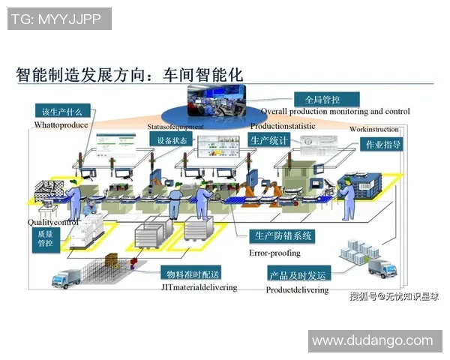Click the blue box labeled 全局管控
pyautogui.click(x=326, y=99)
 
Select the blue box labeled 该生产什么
pyautogui.click(x=62, y=112)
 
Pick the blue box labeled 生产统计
pyautogui.click(x=268, y=140)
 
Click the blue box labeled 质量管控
pyautogui.click(x=45, y=238)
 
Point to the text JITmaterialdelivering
pyautogui.click(x=199, y=287)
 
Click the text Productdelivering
pyautogui.click(x=297, y=290)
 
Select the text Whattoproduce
pyautogui.click(x=62, y=125)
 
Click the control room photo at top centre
pyautogui.click(x=217, y=103)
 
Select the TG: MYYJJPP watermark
pyautogui.click(x=59, y=19)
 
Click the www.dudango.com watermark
pyautogui.click(x=372, y=340)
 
